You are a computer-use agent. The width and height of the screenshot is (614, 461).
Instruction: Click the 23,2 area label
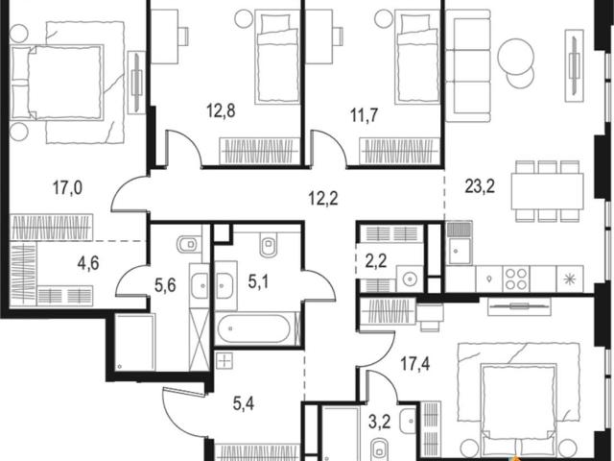point(480,186)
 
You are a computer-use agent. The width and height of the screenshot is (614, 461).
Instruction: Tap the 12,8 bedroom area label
point(221,111)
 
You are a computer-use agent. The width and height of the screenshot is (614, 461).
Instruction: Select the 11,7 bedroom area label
point(365,115)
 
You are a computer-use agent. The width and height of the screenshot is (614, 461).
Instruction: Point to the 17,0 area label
point(68,188)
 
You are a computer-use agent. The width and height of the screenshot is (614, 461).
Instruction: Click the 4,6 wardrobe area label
point(88,262)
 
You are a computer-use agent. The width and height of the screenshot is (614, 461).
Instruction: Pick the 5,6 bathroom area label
point(165,285)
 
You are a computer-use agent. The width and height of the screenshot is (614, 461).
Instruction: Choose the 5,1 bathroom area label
point(258,281)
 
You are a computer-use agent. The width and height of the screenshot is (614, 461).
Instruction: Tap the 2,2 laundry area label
point(376,260)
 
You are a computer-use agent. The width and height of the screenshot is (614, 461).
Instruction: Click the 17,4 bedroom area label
point(415,364)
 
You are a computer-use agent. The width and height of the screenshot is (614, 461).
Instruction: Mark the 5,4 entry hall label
point(243,403)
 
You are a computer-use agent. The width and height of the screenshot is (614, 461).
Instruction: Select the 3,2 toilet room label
point(380,423)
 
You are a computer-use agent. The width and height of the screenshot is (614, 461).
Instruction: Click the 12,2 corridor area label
point(323,199)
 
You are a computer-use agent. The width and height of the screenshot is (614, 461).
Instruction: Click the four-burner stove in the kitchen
point(516,279)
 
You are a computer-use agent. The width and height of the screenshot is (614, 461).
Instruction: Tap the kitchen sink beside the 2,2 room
point(460,243)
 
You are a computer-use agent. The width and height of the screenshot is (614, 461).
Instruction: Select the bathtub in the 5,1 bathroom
point(254,328)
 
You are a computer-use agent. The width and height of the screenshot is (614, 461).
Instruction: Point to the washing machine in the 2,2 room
point(410,279)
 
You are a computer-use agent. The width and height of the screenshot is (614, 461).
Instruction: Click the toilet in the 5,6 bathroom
point(190,245)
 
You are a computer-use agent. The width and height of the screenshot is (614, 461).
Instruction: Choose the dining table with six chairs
point(547,191)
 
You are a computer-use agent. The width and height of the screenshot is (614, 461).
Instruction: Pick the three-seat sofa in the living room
point(468,69)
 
